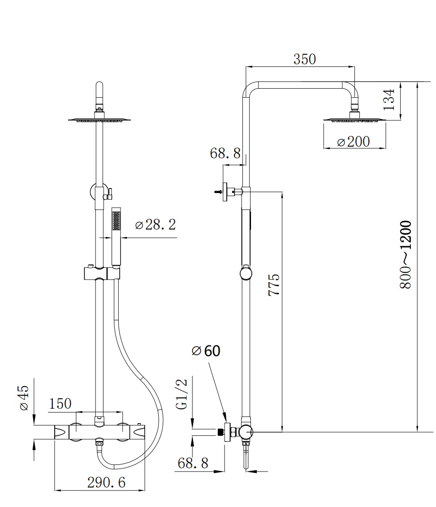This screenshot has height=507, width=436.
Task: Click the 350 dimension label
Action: coord(304,59)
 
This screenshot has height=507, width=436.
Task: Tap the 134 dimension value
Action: coord(389,99)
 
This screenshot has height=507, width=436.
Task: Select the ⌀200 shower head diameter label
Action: coord(353,142)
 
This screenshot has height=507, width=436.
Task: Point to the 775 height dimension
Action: coord(274,284)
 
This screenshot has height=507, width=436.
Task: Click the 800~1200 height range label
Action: coord(405,254)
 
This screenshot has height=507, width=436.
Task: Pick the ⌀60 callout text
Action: coord(206,351)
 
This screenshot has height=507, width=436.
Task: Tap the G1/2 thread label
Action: coord(182,394)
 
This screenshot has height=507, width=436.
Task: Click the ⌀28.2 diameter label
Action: coord(155,224)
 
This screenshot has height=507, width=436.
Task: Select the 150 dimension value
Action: coord(60,404)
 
